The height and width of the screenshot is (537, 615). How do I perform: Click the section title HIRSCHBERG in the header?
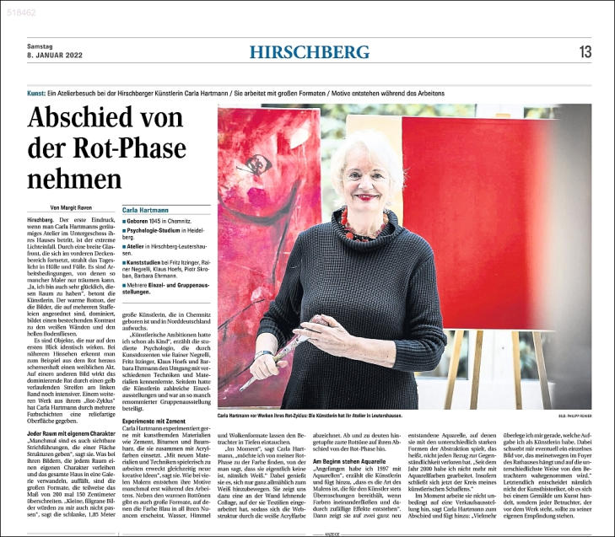point(309,52)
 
